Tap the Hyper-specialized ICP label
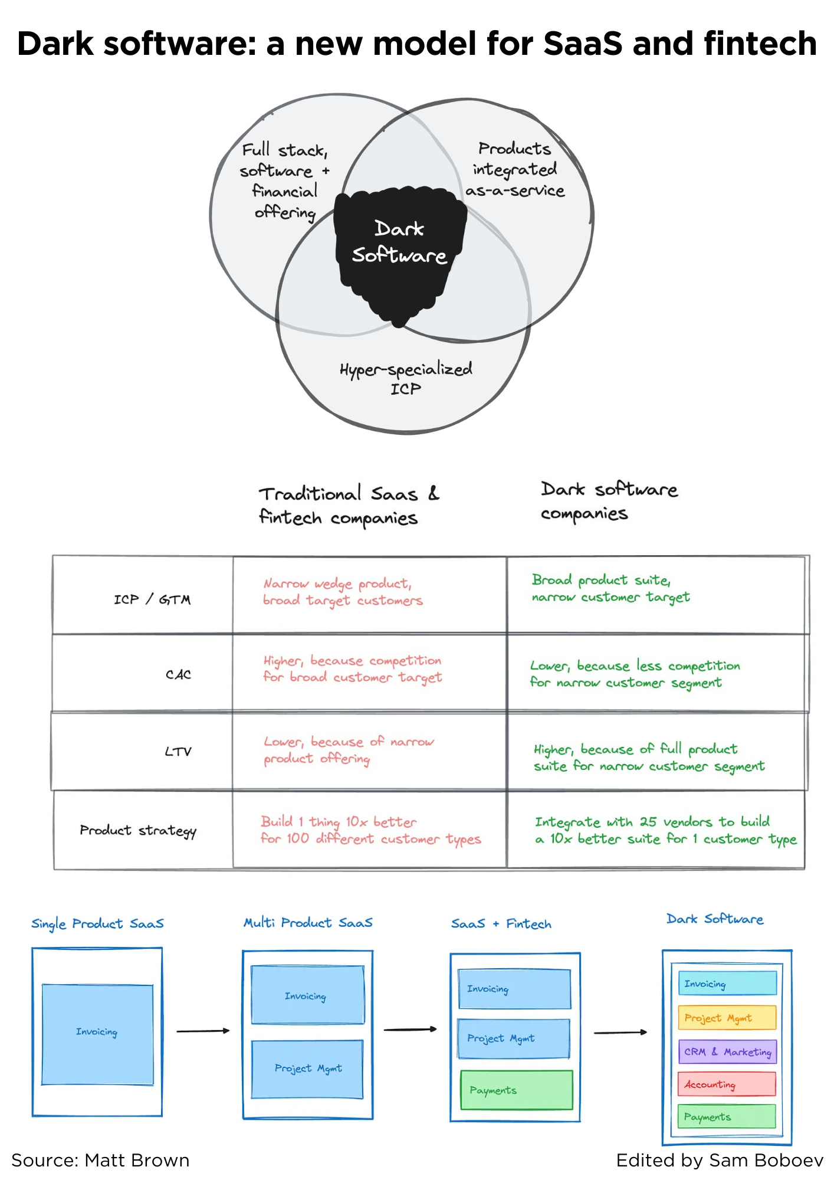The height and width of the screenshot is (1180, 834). coord(406,378)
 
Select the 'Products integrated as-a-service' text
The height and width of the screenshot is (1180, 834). coord(515,170)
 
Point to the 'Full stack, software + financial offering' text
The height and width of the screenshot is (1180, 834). coord(285,181)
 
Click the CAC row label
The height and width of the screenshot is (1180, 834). coord(178,674)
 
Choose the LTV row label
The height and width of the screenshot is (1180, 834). coord(178,752)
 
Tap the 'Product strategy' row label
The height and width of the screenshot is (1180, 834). coord(138,831)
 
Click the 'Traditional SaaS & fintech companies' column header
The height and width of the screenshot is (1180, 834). coord(349,506)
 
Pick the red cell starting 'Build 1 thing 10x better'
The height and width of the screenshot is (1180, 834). coord(370,830)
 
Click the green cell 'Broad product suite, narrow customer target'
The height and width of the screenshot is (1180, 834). coord(610,588)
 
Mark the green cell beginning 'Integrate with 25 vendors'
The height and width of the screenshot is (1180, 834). coord(665,830)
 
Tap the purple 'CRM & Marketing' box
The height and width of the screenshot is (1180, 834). coord(727,1052)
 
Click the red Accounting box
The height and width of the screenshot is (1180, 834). coord(727,1084)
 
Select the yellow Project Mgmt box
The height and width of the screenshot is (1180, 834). coord(727,1018)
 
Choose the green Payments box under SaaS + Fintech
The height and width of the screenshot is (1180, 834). coord(516,1090)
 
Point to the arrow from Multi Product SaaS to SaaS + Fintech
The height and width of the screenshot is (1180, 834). coord(410,1030)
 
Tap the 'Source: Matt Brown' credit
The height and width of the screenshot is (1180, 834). coord(100,1161)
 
